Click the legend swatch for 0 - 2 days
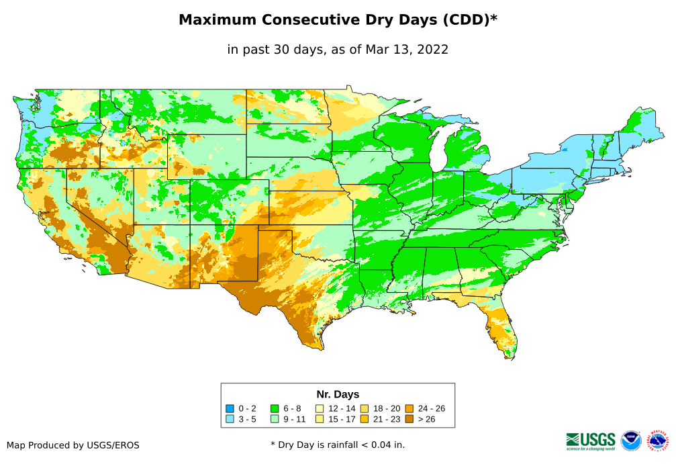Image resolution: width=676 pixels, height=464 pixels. click(230, 408)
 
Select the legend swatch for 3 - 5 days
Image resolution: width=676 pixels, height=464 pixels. click(230, 419)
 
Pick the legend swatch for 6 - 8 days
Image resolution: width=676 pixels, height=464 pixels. click(274, 408)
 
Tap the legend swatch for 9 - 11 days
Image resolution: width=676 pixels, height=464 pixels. click(274, 419)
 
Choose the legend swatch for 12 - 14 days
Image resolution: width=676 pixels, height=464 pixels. click(320, 408)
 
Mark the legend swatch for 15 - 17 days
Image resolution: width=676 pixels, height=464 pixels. click(320, 419)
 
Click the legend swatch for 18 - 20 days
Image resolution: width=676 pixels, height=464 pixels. click(365, 408)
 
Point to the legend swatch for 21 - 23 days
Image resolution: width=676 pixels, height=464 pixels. click(365, 419)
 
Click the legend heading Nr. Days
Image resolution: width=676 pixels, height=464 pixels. click(338, 394)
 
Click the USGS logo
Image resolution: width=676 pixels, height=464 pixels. click(591, 440)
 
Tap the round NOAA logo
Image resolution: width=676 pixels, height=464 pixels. click(631, 440)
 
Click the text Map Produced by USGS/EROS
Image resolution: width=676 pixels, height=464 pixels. click(73, 445)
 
